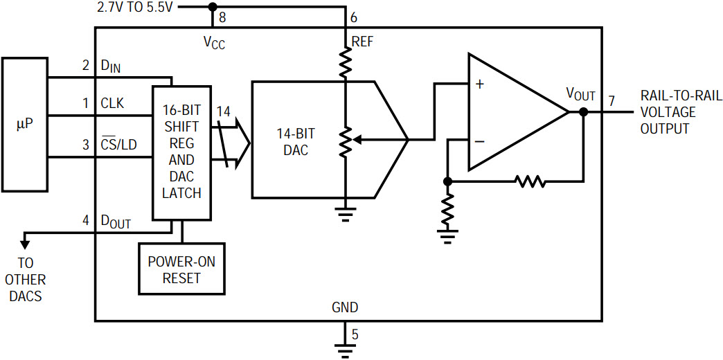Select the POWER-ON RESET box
[181, 269]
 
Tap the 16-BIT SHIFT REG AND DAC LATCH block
[181, 152]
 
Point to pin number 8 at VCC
[222, 18]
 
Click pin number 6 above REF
[354, 18]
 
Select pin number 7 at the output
[612, 100]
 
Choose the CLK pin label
[112, 104]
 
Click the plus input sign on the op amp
[480, 85]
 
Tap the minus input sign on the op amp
[480, 141]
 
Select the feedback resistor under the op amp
[530, 181]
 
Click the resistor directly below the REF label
[345, 62]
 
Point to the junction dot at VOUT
[583, 111]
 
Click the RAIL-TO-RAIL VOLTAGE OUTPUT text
[681, 112]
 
